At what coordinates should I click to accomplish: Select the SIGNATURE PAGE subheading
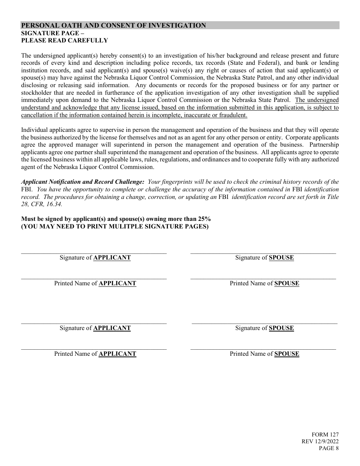[50, 33]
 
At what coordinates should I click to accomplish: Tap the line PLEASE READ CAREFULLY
[64, 41]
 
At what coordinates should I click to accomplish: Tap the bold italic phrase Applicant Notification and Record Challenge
[83, 182]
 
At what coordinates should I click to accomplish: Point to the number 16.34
[54, 204]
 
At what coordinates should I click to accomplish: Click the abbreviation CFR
[36, 204]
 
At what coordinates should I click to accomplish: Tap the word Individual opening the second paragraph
[34, 130]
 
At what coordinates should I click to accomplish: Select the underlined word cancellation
[37, 115]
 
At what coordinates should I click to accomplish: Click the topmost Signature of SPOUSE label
[264, 258]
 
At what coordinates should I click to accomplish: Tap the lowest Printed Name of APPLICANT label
[95, 354]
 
